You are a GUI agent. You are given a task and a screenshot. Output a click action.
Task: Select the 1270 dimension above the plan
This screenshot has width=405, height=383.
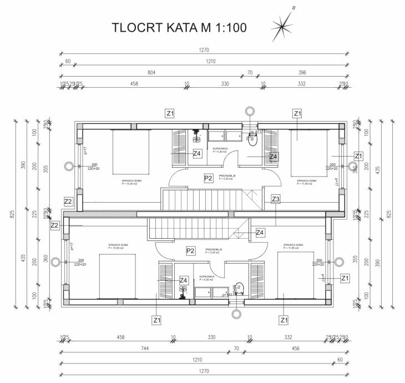pos(205,51)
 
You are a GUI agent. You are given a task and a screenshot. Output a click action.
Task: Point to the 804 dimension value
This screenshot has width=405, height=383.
pos(151,73)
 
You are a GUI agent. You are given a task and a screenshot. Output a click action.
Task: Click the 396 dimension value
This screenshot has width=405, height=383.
pos(302,73)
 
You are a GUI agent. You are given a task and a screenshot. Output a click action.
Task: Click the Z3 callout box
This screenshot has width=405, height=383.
pos(276,199)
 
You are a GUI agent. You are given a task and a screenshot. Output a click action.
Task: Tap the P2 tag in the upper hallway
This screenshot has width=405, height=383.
pos(209,178)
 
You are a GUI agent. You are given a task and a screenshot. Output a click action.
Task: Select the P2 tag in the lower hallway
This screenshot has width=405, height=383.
pos(190,251)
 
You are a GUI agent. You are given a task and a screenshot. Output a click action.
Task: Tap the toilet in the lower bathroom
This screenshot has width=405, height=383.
pos(239,288)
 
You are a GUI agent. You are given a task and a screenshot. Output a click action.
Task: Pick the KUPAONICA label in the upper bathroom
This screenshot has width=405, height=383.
pos(220,149)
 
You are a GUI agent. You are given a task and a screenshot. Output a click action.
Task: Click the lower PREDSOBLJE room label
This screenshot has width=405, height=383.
pos(214,250)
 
